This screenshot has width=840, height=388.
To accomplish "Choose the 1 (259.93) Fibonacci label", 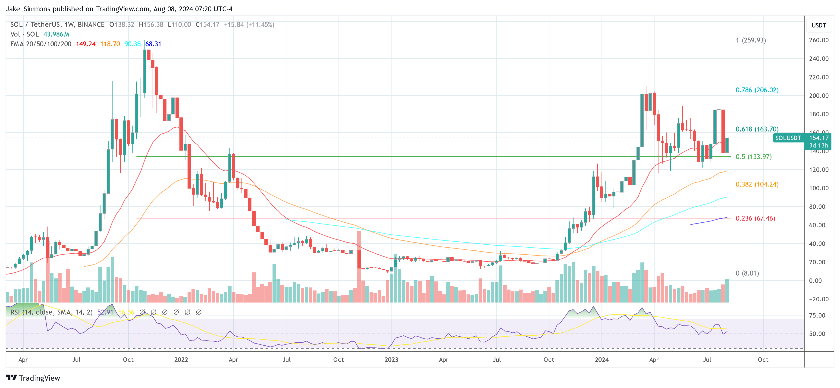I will click(x=751, y=40).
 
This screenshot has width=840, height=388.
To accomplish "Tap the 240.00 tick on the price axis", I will click(x=818, y=59).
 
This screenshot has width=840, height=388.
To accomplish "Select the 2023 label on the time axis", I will click(x=391, y=360).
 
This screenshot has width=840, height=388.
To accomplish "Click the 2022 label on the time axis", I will click(x=181, y=360).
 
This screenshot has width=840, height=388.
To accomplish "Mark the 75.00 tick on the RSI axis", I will click(x=817, y=315).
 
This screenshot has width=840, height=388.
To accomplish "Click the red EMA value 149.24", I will click(x=86, y=44).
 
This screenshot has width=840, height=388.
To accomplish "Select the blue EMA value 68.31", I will click(x=153, y=44).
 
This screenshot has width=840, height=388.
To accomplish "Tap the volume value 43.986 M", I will click(x=56, y=34).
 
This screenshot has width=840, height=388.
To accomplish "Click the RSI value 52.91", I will click(x=105, y=312).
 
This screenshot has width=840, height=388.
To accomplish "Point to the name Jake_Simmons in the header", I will click(x=28, y=9).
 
